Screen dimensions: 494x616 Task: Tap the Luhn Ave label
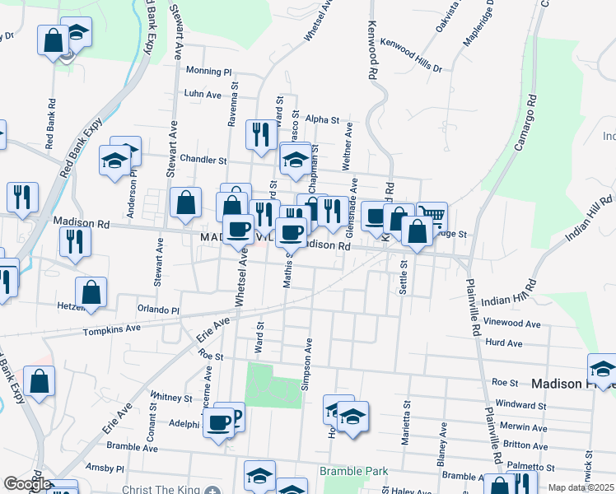(203, 95)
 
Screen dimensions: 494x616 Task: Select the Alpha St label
(322, 119)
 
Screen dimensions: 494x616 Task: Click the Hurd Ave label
(504, 343)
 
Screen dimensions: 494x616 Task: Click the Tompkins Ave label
(112, 329)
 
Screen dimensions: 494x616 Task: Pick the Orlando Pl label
(158, 310)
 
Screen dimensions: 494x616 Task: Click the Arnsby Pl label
(109, 468)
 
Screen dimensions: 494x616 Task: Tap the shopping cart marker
(432, 217)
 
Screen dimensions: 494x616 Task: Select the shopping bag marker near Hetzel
(91, 292)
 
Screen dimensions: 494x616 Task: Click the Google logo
(26, 484)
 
